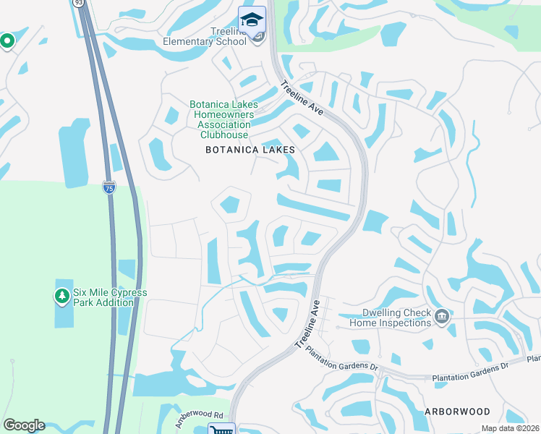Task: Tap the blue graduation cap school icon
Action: [252, 20]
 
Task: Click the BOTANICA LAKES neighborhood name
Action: [250, 150]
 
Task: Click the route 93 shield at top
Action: [78, 3]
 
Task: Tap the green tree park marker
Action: [62, 297]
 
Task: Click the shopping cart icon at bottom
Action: [221, 430]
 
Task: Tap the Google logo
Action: [24, 425]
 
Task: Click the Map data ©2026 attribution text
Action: [509, 429]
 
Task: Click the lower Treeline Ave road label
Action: [307, 325]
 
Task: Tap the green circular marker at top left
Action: [7, 41]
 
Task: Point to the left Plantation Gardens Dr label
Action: [342, 358]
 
